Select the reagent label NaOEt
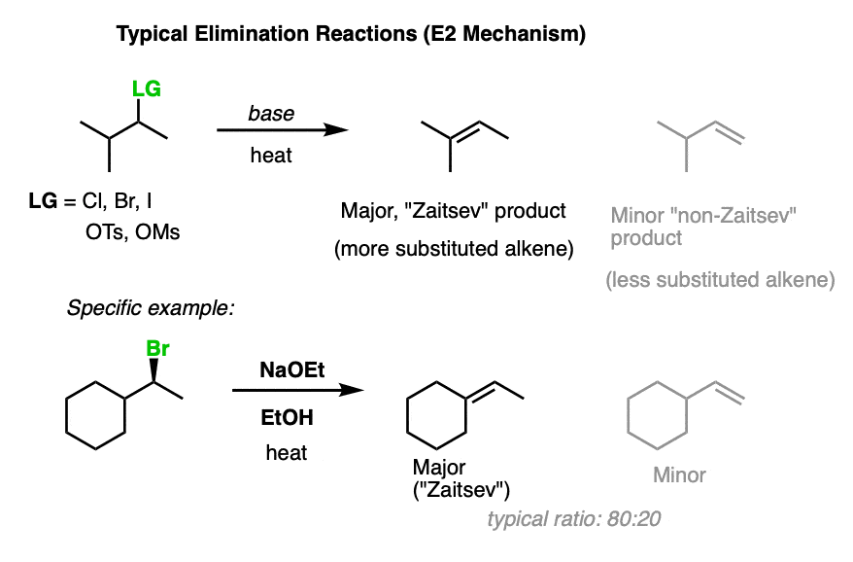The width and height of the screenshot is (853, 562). click(286, 370)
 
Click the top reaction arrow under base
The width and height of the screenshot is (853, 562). click(282, 131)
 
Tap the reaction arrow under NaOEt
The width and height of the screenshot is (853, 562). click(297, 391)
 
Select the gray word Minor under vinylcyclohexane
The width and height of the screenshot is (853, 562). click(679, 474)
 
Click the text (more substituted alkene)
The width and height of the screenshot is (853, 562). click(454, 249)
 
